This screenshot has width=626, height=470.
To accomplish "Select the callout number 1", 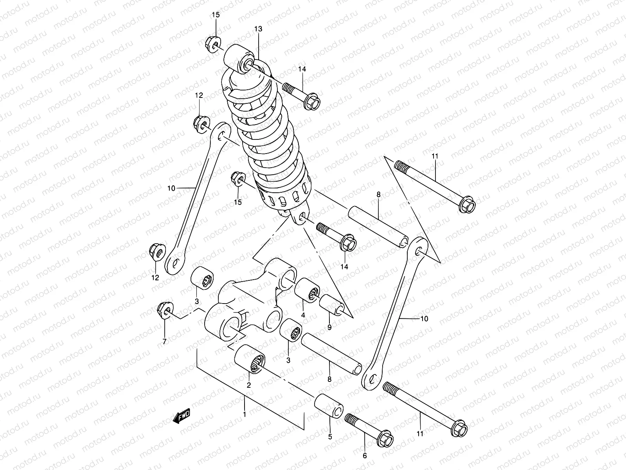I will pyautogui.click(x=245, y=414).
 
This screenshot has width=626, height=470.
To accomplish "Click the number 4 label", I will pyautogui.click(x=303, y=315).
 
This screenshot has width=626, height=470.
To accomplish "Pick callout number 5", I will pyautogui.click(x=330, y=436).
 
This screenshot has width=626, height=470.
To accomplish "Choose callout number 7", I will pyautogui.click(x=164, y=342).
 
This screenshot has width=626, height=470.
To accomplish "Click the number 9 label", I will pyautogui.click(x=329, y=327).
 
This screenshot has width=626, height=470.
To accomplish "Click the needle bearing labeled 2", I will pyautogui.click(x=250, y=359).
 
